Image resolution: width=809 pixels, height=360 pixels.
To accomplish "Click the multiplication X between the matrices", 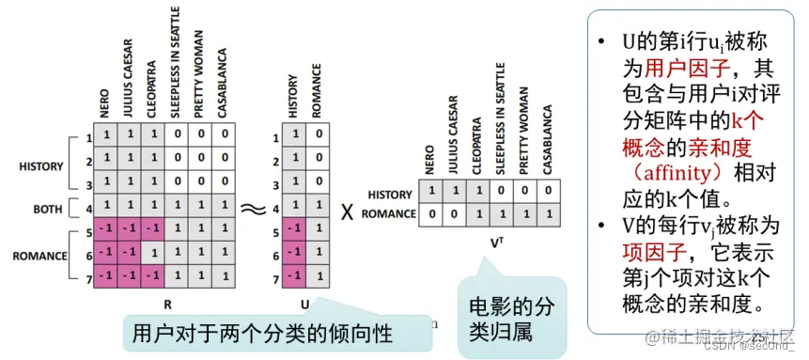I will coord(348,211).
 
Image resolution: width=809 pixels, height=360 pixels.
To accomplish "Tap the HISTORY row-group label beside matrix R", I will coord(41,167).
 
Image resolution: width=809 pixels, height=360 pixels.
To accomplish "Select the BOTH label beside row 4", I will coord(48,210).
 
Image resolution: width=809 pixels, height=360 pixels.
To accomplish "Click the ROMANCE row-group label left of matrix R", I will coord(41,255).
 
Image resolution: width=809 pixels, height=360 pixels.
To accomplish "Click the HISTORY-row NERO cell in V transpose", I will coord(431,193).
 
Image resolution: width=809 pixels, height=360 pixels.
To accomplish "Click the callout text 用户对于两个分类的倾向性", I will coord(262,334).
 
